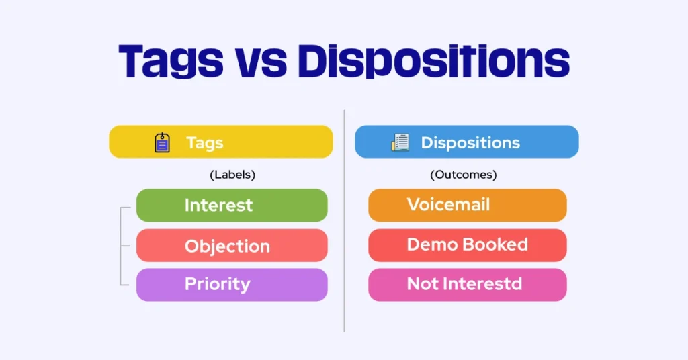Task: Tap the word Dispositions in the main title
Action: click(x=433, y=62)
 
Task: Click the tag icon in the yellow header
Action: click(x=162, y=142)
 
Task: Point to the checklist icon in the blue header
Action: click(x=400, y=142)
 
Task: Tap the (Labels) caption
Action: click(x=232, y=175)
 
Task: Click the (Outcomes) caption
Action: click(x=464, y=175)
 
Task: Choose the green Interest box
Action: click(x=232, y=206)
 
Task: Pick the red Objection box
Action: click(x=232, y=246)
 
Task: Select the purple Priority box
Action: click(x=232, y=284)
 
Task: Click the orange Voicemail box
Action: click(x=467, y=205)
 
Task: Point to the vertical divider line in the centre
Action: click(x=344, y=222)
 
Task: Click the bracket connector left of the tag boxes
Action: click(x=122, y=246)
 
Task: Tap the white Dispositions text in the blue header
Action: click(x=470, y=142)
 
